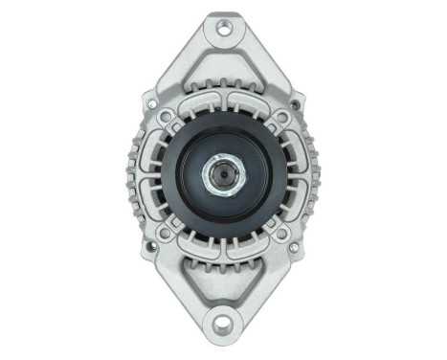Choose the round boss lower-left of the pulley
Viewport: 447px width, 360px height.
pyautogui.click(x=167, y=233)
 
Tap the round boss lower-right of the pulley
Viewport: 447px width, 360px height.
pyautogui.click(x=280, y=233)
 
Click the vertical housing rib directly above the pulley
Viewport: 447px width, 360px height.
pyautogui.click(x=223, y=105)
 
